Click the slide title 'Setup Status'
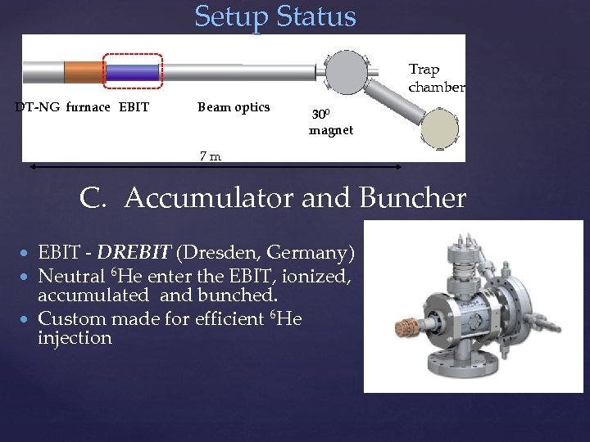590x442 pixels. (x=275, y=16)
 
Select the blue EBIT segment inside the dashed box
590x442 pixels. (x=133, y=72)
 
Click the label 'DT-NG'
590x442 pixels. (x=38, y=106)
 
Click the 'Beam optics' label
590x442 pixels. (x=234, y=106)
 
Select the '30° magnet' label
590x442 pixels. (x=330, y=123)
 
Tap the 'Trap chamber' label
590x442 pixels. (x=436, y=78)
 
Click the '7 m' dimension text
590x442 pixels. (x=211, y=156)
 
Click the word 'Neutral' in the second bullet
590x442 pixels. (x=71, y=276)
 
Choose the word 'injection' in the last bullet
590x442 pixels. (x=75, y=337)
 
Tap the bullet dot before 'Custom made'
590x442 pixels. (x=28, y=318)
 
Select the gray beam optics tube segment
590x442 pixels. (x=238, y=72)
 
